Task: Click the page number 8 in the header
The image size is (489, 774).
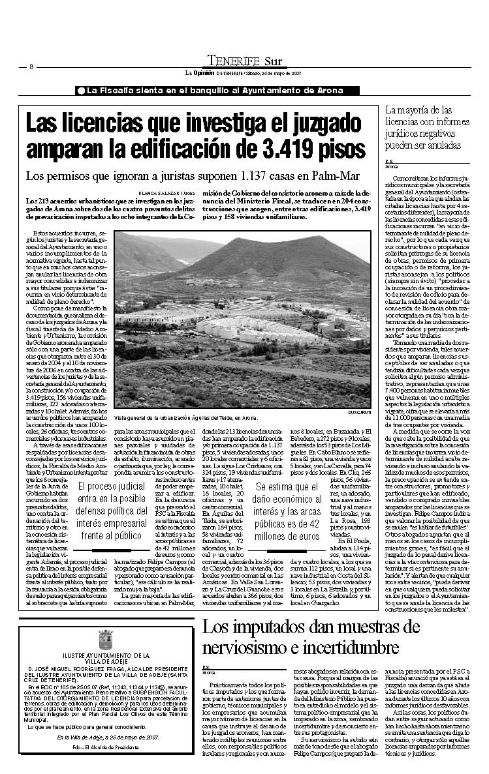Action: click(31, 67)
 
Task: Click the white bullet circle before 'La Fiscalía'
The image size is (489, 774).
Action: click(80, 90)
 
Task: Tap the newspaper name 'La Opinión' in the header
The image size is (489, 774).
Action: click(198, 72)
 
